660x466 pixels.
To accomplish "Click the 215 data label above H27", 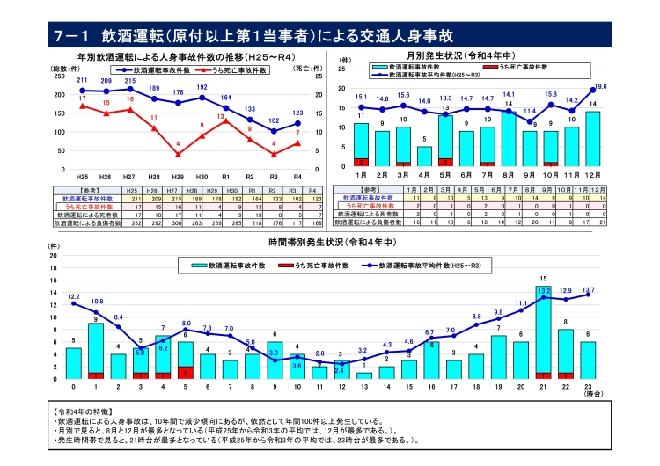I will click(130, 80).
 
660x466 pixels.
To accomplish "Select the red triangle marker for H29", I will click(178, 154).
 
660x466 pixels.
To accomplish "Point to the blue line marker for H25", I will click(82, 90).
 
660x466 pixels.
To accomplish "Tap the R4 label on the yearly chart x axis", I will click(297, 177).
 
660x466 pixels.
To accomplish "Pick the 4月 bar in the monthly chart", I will click(424, 156).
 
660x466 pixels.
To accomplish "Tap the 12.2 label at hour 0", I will click(74, 297).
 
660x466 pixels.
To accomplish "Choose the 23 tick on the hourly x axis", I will click(588, 387).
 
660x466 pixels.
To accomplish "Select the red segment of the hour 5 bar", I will click(186, 372).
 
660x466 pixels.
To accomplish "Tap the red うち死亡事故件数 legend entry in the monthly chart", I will click(514, 67).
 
